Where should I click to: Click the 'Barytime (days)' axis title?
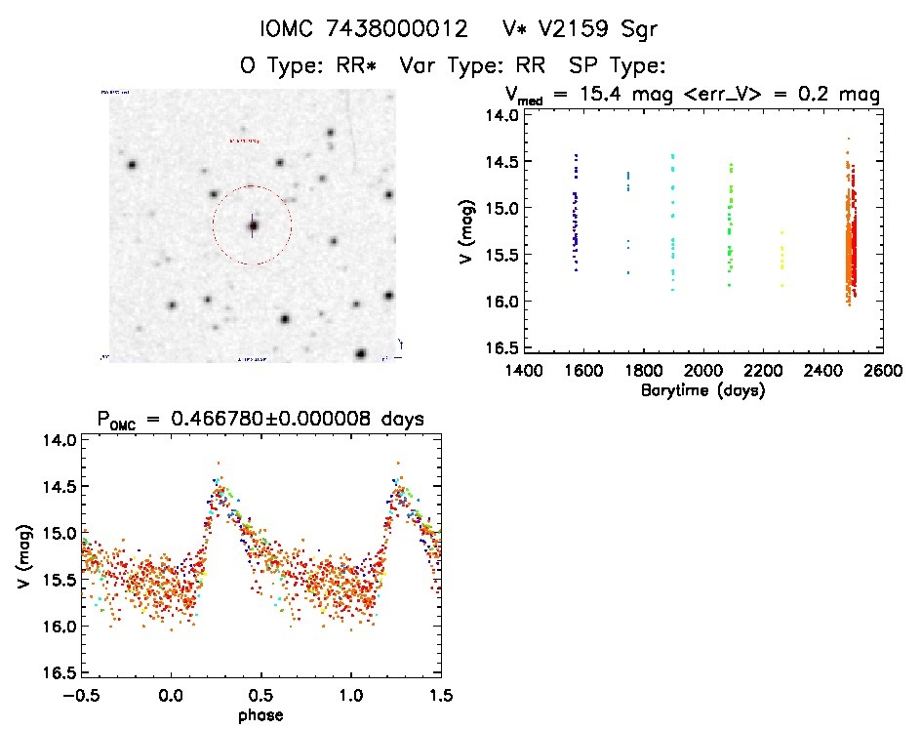click(x=703, y=391)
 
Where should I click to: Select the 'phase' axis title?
click(x=262, y=715)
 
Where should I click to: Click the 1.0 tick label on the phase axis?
click(x=351, y=696)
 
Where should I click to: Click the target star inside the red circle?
click(x=253, y=225)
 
